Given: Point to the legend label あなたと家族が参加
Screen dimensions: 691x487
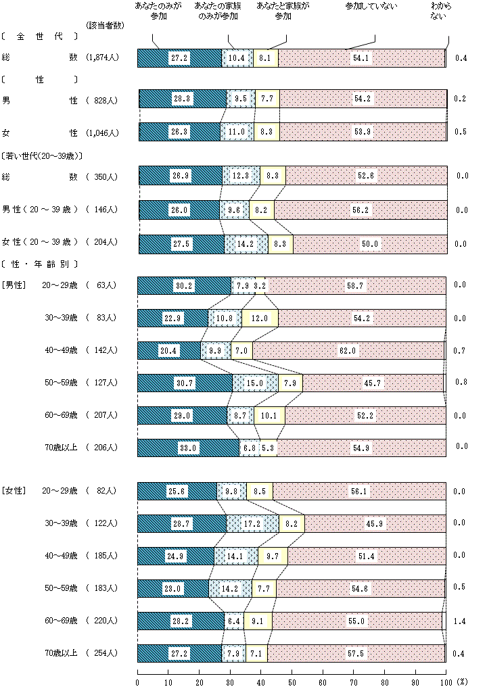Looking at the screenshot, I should click(x=283, y=11).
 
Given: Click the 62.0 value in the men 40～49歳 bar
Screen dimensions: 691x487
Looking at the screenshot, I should click(x=348, y=350).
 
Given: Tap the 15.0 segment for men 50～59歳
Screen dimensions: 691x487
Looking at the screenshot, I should click(x=255, y=383).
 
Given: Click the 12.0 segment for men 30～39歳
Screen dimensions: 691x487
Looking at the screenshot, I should click(x=260, y=318).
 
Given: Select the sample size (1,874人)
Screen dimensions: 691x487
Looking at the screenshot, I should click(x=103, y=57).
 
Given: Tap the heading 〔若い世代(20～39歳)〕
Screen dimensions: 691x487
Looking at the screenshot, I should click(x=42, y=156).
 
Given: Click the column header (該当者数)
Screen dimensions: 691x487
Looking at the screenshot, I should click(x=105, y=25).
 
